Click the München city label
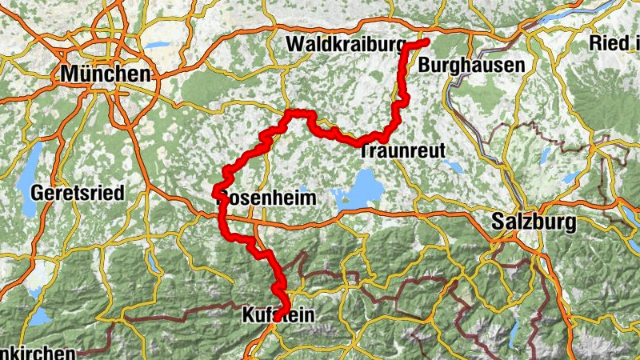point(106,74)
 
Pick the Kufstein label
point(277,318)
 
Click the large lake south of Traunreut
point(365,190)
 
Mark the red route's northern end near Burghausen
point(427,41)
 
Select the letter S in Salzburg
point(501,222)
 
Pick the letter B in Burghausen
point(425,65)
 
